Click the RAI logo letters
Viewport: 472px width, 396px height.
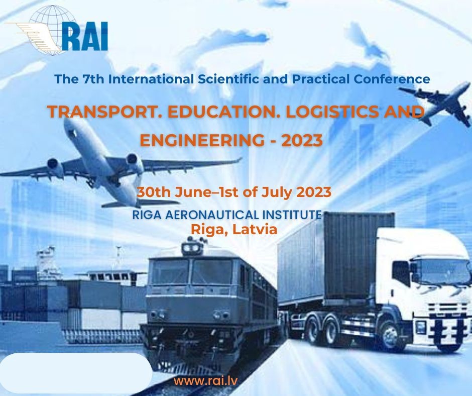(85, 36)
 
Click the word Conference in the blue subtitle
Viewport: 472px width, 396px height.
(392, 79)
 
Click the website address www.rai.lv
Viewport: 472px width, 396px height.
(205, 380)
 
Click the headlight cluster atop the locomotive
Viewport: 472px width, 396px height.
(192, 247)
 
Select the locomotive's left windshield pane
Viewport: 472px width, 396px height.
(171, 271)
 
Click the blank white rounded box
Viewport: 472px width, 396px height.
(75, 373)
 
